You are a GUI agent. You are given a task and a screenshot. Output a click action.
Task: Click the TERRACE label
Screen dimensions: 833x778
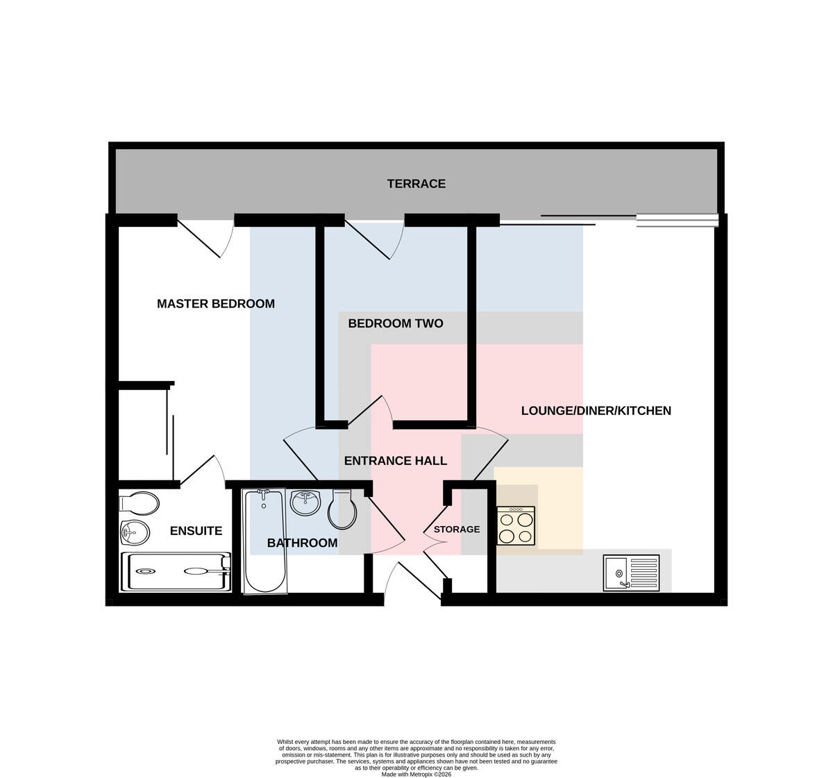tap(416, 184)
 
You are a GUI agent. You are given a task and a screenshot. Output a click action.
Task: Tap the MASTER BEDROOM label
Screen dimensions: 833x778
tap(216, 304)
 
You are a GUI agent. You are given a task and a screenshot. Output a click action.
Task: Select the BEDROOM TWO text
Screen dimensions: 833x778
tap(396, 323)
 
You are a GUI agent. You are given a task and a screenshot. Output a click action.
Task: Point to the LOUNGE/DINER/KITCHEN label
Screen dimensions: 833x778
tap(596, 411)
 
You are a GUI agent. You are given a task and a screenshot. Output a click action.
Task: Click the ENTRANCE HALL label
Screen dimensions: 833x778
tap(396, 461)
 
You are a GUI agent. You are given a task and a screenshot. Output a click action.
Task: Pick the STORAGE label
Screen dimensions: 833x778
tap(457, 530)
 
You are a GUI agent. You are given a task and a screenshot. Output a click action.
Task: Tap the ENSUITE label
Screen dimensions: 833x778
tap(196, 531)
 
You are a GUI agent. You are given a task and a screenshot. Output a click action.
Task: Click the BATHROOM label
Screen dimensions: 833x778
tap(303, 543)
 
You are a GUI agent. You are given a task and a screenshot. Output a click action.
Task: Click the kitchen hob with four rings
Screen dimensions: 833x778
tap(516, 525)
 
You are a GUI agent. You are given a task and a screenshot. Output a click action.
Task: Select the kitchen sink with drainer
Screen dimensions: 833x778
tap(631, 573)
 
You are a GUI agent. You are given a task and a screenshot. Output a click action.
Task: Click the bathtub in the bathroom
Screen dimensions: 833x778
tap(264, 541)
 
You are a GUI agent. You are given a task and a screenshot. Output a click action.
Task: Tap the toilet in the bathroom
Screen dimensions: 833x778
tap(342, 509)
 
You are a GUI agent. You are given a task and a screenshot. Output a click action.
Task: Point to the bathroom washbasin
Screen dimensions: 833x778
tap(305, 503)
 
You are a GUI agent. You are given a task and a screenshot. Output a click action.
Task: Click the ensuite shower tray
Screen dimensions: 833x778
tap(176, 572)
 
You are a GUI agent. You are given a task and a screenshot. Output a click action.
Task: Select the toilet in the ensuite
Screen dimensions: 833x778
tap(140, 503)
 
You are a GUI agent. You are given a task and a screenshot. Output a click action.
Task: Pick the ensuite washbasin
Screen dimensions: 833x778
tap(135, 533)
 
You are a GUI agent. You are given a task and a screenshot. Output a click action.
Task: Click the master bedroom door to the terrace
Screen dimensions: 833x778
tap(205, 237)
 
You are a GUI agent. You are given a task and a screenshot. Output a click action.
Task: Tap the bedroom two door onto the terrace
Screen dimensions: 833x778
tap(375, 238)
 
